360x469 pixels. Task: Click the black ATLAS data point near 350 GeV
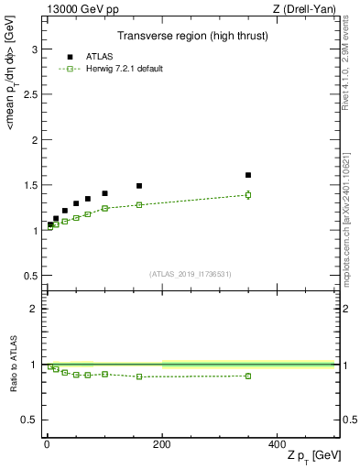tap(248, 175)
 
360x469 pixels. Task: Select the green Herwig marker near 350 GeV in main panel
tap(248, 194)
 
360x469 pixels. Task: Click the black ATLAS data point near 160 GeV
tap(139, 186)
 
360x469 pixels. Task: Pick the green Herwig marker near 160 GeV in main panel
tap(139, 204)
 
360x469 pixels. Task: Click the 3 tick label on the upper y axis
tap(35, 49)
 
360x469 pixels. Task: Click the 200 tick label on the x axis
tap(162, 442)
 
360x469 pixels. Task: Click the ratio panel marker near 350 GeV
tap(248, 376)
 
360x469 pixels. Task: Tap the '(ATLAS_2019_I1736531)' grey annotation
tap(190, 274)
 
